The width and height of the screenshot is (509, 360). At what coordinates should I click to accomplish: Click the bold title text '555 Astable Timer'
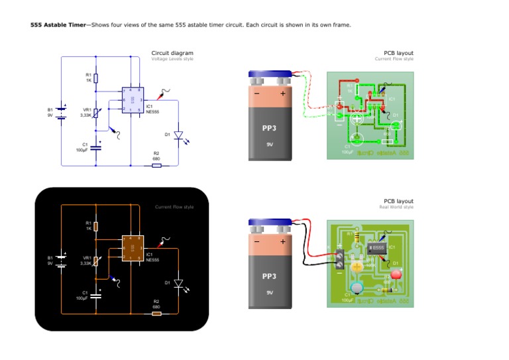click(58, 25)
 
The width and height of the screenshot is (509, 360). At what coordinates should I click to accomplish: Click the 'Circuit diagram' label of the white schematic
click(172, 53)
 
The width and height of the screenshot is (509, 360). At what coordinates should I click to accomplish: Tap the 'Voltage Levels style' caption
click(172, 59)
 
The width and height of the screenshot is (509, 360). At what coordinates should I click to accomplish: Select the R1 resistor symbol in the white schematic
click(96, 78)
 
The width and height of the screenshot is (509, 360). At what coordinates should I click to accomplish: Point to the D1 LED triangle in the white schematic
click(178, 135)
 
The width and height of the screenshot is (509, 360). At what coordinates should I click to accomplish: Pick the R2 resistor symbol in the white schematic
click(156, 165)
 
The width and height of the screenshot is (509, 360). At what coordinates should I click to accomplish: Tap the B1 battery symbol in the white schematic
click(62, 112)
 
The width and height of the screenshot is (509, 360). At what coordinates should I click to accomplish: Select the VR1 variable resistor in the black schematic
click(96, 260)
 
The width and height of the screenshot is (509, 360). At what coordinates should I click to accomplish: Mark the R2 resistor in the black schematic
click(156, 313)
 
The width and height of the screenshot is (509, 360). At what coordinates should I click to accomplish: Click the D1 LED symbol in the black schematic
click(178, 283)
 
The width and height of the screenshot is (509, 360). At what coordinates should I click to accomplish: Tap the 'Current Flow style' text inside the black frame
click(174, 207)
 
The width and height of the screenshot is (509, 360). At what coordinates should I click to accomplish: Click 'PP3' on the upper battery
click(269, 128)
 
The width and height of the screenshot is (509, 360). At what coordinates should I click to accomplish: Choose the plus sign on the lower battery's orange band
click(283, 243)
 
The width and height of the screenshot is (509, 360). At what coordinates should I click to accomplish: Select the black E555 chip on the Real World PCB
click(376, 248)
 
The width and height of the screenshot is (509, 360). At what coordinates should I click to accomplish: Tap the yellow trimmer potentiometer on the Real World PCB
click(357, 266)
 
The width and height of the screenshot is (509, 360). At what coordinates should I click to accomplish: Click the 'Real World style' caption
click(396, 207)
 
